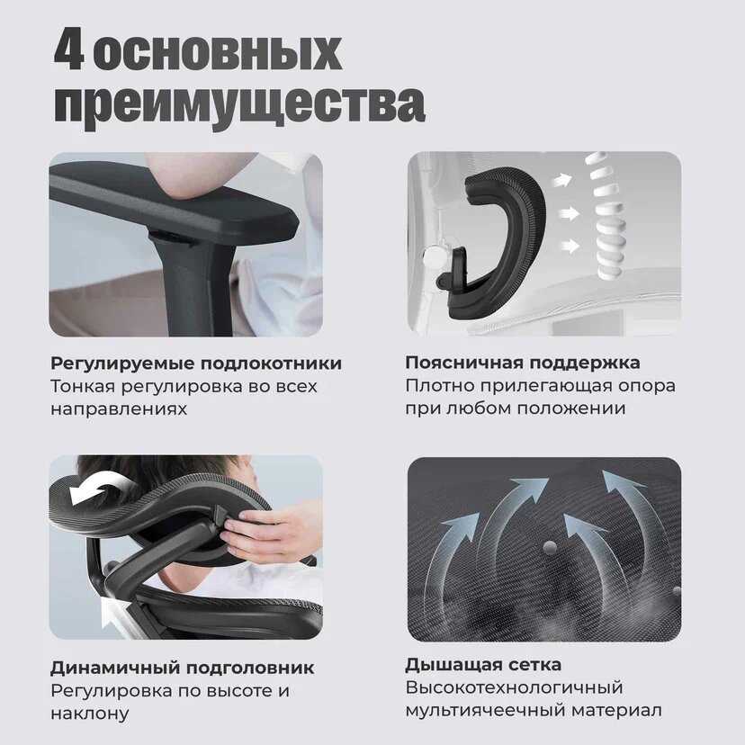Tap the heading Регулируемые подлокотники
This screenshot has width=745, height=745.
point(196,364)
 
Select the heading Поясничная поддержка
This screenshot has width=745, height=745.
point(523,363)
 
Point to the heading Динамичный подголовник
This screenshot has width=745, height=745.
point(183,668)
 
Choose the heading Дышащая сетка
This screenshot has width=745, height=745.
point(483,665)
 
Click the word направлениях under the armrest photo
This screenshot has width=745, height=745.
point(119,408)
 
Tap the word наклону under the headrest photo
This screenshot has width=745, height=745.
point(90,714)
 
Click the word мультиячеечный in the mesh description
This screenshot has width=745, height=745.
point(485,711)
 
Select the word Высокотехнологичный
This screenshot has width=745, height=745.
point(514,687)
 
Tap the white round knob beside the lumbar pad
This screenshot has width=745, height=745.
point(435,257)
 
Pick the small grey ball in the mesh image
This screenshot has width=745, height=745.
point(550,548)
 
